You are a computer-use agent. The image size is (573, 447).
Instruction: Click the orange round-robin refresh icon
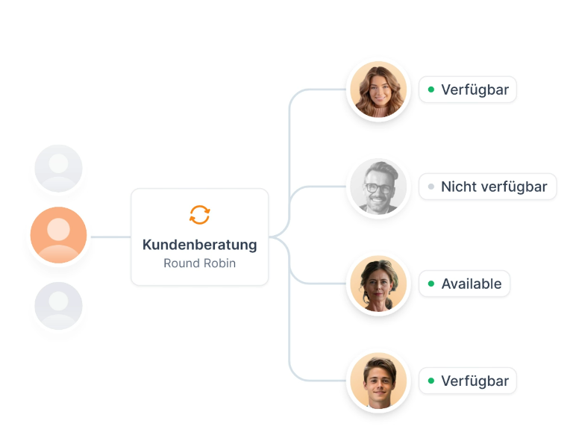[199, 215]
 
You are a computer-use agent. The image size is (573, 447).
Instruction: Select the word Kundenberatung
[199, 245]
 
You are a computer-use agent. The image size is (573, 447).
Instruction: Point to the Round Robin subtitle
[199, 263]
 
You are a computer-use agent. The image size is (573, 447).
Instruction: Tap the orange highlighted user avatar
[58, 235]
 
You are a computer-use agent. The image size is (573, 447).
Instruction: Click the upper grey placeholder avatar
[58, 168]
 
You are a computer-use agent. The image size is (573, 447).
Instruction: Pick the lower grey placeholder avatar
[58, 306]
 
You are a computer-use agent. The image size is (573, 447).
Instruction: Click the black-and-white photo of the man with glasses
[378, 187]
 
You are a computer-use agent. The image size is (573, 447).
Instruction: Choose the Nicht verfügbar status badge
[487, 187]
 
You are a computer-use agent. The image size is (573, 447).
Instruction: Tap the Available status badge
[464, 284]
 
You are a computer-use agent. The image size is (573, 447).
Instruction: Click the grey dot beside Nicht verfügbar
[431, 187]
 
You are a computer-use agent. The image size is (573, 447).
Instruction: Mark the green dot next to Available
[431, 284]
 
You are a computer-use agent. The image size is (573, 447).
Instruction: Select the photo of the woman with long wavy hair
[378, 90]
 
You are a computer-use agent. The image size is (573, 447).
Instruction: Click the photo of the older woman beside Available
[378, 284]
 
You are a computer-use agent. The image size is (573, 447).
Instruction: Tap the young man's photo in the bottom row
[378, 381]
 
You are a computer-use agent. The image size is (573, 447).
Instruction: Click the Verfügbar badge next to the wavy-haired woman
[468, 90]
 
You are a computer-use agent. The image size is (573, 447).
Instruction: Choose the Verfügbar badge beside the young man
[468, 381]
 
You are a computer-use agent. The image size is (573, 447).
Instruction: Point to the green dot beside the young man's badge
[431, 381]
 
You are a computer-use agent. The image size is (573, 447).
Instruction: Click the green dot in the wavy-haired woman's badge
[431, 90]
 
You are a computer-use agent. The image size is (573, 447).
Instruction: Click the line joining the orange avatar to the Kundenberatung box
[110, 237]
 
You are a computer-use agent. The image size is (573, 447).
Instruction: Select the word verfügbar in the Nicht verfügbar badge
[515, 187]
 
